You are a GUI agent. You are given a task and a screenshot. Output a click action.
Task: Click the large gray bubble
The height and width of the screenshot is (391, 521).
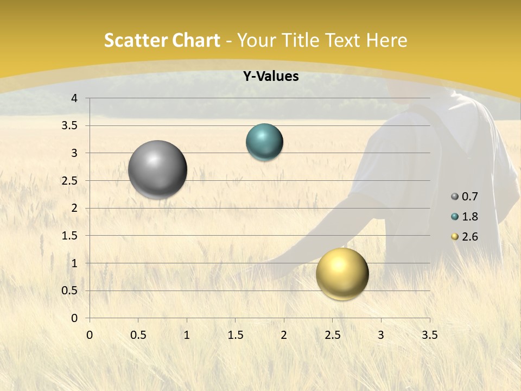click(157, 169)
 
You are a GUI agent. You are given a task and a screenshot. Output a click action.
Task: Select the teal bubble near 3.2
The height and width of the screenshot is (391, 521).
click(264, 142)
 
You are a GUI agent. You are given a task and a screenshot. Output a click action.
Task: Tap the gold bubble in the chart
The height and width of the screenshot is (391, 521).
click(342, 274)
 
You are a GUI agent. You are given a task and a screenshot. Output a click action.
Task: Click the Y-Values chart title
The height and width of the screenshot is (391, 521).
click(271, 77)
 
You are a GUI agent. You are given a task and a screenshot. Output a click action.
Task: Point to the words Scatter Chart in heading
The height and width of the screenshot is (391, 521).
click(162, 41)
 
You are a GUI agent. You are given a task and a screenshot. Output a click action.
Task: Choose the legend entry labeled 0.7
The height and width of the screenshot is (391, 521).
click(465, 197)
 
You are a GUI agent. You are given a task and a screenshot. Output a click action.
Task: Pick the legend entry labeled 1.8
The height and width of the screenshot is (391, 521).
click(465, 217)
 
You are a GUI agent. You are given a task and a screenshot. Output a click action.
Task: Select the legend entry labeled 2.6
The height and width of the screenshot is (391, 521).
click(465, 237)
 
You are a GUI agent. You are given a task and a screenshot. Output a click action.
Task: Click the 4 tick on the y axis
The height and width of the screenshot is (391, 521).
click(74, 98)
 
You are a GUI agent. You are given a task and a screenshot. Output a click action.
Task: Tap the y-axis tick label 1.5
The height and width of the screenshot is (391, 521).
click(70, 236)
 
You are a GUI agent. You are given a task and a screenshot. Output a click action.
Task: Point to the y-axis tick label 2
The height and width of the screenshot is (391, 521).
click(74, 208)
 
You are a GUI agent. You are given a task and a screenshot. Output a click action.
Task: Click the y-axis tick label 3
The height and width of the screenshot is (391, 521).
click(74, 153)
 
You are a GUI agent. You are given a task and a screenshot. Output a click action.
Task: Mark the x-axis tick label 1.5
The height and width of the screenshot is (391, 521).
click(235, 335)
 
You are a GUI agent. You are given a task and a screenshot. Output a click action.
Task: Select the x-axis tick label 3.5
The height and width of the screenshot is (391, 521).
click(429, 335)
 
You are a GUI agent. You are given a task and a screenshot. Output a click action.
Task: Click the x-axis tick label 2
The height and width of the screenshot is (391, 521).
click(283, 335)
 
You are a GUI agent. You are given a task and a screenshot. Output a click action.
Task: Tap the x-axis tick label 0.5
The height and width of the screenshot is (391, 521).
click(138, 335)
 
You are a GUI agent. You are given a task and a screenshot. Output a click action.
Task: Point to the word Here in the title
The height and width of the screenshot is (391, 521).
click(387, 41)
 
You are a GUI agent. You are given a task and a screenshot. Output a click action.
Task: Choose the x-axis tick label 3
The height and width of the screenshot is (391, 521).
click(381, 335)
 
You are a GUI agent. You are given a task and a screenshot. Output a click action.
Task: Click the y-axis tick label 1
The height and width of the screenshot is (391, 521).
click(74, 263)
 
